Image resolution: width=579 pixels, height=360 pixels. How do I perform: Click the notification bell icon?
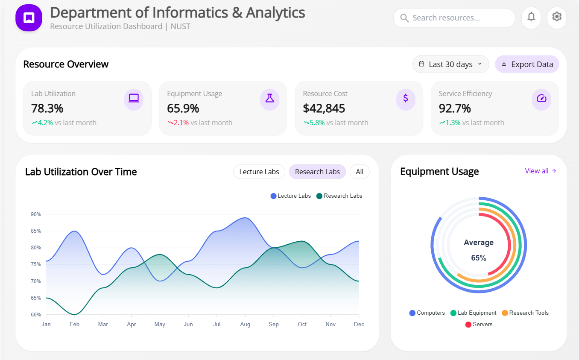531,17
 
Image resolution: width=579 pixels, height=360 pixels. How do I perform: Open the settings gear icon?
556,17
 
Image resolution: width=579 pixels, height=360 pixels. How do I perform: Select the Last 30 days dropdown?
450,64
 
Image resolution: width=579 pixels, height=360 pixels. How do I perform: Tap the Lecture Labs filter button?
259,172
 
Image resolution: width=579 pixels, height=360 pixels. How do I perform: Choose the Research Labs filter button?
317,172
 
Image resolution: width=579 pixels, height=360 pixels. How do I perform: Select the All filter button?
360,172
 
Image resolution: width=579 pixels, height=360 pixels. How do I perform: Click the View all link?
541,171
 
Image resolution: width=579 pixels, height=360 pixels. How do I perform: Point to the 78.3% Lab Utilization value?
47,108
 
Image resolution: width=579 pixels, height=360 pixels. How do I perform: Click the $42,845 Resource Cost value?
324,108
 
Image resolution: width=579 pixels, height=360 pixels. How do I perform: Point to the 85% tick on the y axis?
36,231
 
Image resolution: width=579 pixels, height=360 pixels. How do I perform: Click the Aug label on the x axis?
245,325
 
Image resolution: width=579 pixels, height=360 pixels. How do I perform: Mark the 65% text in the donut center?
478,258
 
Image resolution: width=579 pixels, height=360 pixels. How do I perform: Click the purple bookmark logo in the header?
29,18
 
